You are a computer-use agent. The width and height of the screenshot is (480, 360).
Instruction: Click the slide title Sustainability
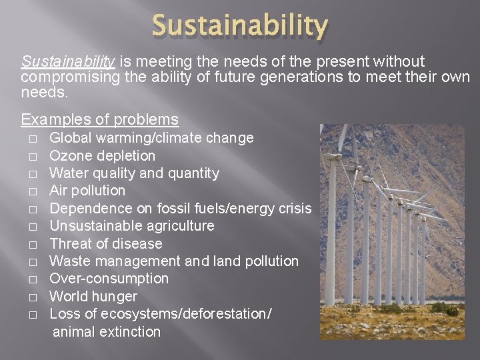click(240, 26)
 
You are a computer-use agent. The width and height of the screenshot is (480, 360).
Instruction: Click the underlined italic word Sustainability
click(69, 62)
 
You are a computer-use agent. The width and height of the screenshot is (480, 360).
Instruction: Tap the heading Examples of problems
click(100, 120)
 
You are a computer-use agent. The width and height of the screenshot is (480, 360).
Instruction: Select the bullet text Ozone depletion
click(103, 155)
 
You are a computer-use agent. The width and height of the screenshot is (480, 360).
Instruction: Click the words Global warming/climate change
click(152, 138)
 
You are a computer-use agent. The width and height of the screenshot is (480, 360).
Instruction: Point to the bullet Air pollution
click(87, 191)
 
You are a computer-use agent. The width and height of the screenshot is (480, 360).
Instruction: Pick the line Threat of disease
click(106, 243)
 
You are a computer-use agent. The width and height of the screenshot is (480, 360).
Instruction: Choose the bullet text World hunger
click(93, 296)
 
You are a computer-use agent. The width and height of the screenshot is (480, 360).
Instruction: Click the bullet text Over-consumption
click(109, 279)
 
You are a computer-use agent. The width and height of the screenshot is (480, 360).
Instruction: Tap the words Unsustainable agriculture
click(132, 226)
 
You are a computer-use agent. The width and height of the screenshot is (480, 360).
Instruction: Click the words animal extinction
click(107, 331)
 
